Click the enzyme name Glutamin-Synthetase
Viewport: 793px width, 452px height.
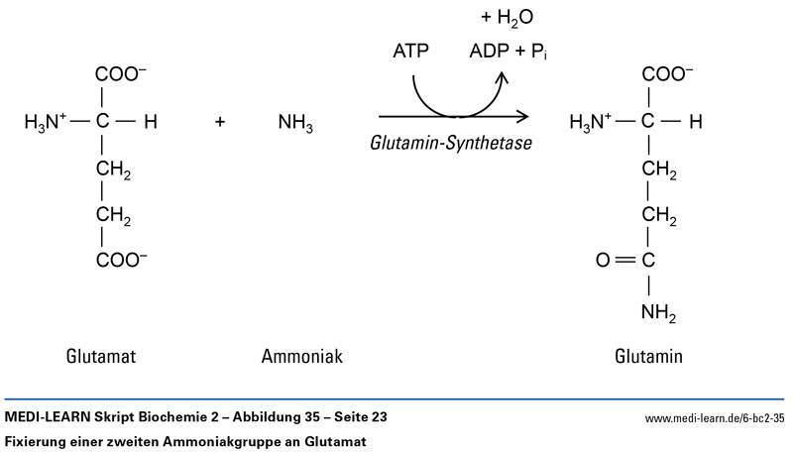pyautogui.click(x=450, y=143)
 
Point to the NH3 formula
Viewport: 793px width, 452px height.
pyautogui.click(x=294, y=124)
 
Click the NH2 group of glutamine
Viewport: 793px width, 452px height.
pyautogui.click(x=657, y=314)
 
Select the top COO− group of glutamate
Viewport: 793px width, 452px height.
pyautogui.click(x=122, y=74)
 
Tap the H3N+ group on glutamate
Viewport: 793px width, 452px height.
pyautogui.click(x=45, y=123)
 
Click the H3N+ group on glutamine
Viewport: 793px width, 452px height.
pyautogui.click(x=593, y=123)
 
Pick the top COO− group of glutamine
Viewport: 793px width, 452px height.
pyautogui.click(x=668, y=74)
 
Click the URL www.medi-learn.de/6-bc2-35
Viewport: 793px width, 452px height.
pyautogui.click(x=716, y=419)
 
